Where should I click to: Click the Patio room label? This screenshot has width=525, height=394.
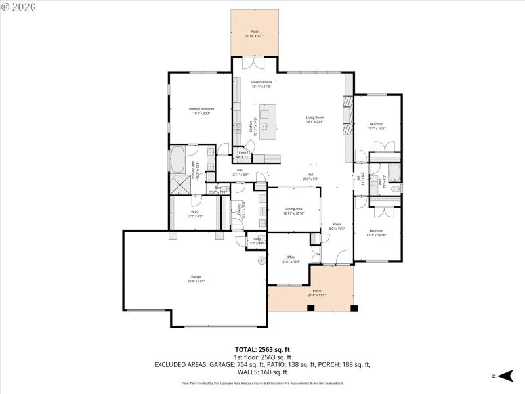[255, 32]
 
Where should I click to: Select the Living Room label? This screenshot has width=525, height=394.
[315, 118]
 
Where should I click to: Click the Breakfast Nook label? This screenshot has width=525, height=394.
[261, 82]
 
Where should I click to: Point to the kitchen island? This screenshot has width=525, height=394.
[267, 121]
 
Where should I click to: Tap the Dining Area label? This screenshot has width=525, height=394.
[293, 208]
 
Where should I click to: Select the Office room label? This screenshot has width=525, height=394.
[290, 257]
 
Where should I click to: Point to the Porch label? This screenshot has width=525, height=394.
[316, 290]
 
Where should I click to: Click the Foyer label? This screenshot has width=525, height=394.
[336, 225]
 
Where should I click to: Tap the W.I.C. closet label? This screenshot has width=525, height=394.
[195, 211]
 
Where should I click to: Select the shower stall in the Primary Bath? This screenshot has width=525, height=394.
[179, 185]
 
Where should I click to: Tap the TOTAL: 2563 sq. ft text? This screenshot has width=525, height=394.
[262, 349]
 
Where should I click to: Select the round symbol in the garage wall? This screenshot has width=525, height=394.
[261, 260]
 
